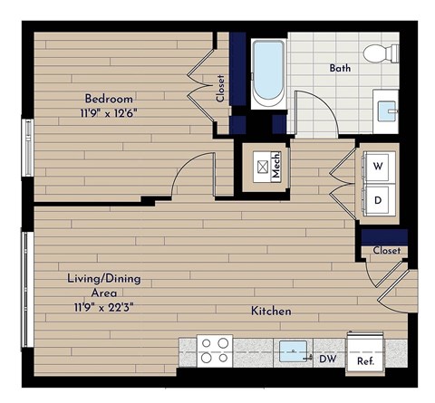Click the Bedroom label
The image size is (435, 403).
tap(110, 98)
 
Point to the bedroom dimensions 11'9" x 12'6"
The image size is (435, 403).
tap(111, 113)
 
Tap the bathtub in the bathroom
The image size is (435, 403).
tap(266, 72)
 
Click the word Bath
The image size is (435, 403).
tap(340, 67)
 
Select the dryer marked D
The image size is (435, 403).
tap(379, 199)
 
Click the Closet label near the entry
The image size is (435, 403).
tap(386, 250)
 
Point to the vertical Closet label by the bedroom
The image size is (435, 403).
tap(220, 88)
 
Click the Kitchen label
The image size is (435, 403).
tap(271, 311)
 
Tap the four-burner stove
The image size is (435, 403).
tap(216, 350)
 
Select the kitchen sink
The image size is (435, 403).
tap(295, 350)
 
